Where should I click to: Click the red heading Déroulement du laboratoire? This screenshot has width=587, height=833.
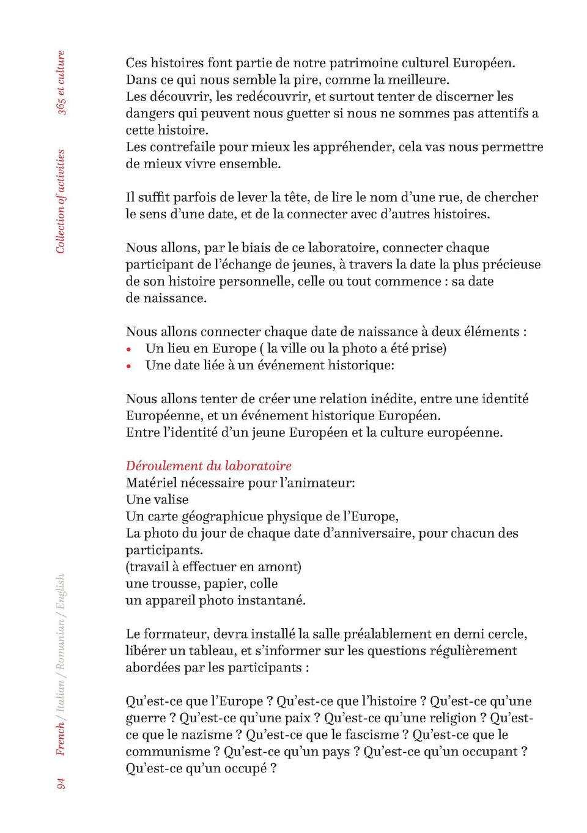209,466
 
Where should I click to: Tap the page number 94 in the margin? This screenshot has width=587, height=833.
61,783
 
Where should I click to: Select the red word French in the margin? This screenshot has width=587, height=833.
61,739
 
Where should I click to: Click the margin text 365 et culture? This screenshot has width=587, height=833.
61,83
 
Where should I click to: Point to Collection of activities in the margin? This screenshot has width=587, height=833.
61,201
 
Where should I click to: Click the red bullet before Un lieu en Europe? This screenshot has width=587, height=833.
128,350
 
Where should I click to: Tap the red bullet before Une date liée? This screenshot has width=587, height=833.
128,366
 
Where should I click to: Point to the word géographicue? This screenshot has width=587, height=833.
222,517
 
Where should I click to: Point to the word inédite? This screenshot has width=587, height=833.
391,399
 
